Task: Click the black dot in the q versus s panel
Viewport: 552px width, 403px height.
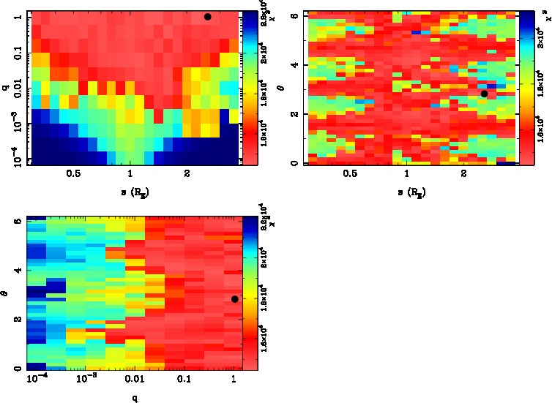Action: tap(207, 17)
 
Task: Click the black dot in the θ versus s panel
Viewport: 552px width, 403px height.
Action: tap(484, 94)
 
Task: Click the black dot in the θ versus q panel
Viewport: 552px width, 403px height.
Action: tap(234, 298)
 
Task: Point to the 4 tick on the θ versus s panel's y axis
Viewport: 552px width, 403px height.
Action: tap(292, 65)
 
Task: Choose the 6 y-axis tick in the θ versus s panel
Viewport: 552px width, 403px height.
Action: tap(292, 15)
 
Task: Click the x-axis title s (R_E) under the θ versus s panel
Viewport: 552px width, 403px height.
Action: tap(411, 192)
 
